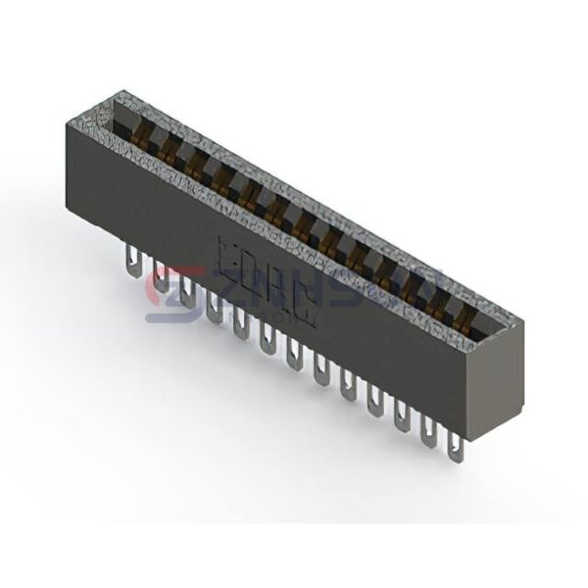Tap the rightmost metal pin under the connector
pos(455,445)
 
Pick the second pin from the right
pos(429,430)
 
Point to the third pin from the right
pos(402,416)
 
